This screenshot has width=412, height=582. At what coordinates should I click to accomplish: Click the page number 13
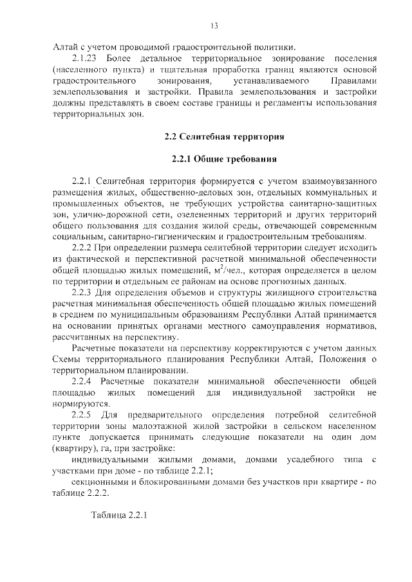[214, 26]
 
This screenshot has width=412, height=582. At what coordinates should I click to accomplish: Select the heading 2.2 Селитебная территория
[224, 136]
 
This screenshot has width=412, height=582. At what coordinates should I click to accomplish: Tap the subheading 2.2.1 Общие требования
[224, 158]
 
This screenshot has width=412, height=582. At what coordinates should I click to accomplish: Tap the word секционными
[100, 482]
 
